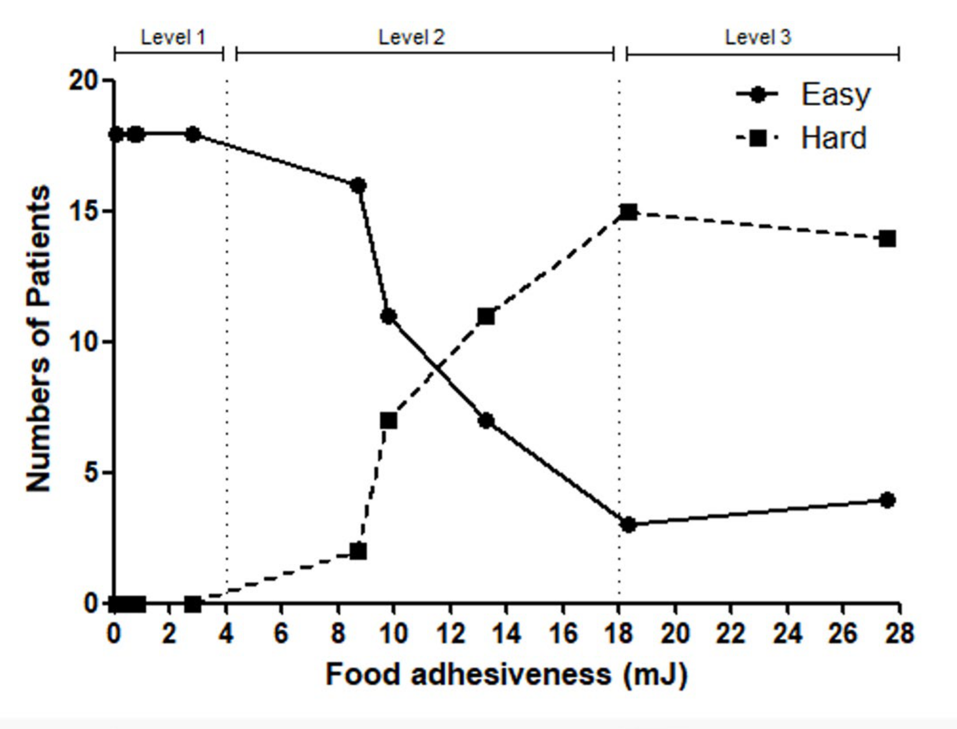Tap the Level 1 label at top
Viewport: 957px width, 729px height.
pos(173,38)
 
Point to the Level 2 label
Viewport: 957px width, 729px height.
pos(412,38)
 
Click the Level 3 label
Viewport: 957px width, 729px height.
pos(758,38)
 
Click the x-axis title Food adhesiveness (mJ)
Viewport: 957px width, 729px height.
pos(506,675)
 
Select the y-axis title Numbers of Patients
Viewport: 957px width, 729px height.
pos(38,338)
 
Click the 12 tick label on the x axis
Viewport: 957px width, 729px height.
pos(451,634)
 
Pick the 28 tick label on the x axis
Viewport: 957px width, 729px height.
pos(899,634)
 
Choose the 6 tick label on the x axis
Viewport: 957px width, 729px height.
pos(281,634)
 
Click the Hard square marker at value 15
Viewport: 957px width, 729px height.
pos(628,212)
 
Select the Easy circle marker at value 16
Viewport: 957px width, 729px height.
pos(358,186)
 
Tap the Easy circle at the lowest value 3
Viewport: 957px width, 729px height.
pos(628,525)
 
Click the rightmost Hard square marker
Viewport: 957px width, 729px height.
pos(887,239)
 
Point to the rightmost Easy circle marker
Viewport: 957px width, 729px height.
pos(887,500)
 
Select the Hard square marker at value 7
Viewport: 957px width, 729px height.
pos(388,421)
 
